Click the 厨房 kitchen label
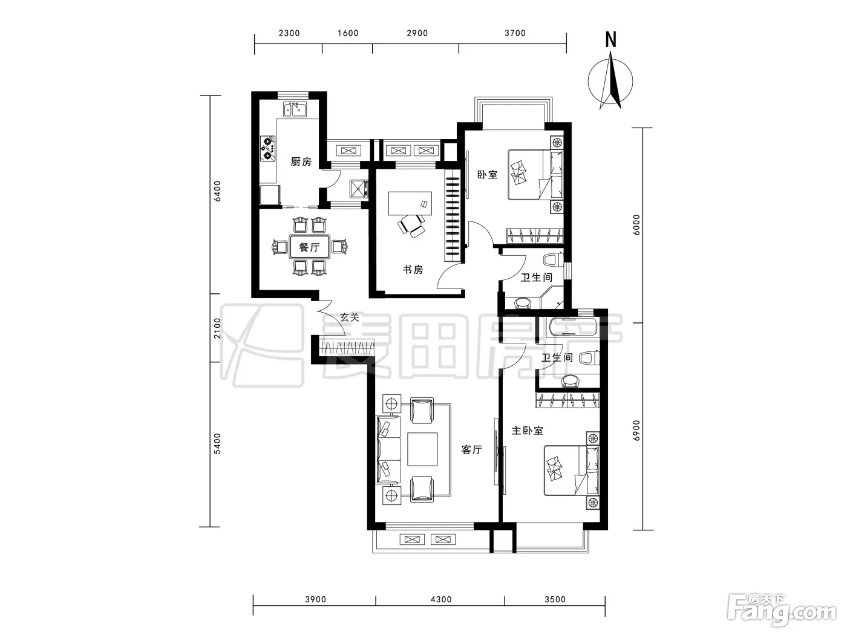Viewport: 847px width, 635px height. click(x=301, y=161)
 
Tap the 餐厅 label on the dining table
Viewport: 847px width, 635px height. click(x=310, y=247)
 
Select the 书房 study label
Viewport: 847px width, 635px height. click(x=413, y=270)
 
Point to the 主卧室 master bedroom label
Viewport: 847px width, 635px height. click(x=528, y=430)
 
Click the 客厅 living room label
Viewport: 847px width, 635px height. click(x=471, y=449)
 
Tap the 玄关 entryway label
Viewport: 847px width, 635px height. click(x=350, y=317)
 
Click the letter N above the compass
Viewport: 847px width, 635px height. click(x=610, y=40)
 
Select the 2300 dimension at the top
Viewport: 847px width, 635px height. click(x=289, y=33)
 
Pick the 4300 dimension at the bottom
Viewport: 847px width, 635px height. click(x=441, y=599)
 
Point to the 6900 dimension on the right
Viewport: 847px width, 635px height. click(x=636, y=430)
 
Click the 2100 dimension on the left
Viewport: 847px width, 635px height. click(x=218, y=328)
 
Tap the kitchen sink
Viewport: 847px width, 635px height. click(x=295, y=109)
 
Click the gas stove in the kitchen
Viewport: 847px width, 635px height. click(x=268, y=148)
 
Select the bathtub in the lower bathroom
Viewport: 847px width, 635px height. click(x=573, y=330)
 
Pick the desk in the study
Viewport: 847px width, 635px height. click(x=410, y=203)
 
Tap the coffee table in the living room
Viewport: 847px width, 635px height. click(x=422, y=449)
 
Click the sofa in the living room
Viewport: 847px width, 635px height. click(x=388, y=449)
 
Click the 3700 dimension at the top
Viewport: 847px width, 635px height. click(x=515, y=33)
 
